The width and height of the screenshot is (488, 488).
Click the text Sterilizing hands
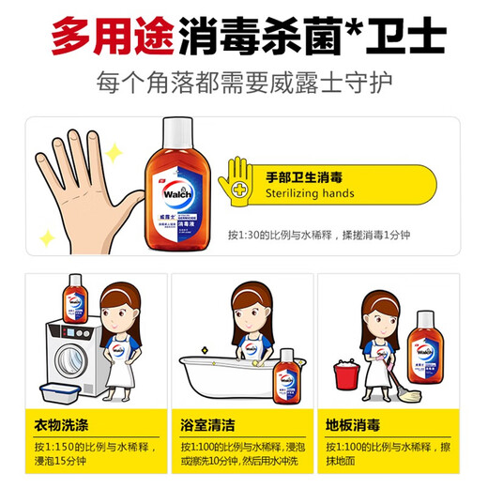[x=309, y=194]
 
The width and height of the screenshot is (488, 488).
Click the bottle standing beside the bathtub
[x=289, y=373]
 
